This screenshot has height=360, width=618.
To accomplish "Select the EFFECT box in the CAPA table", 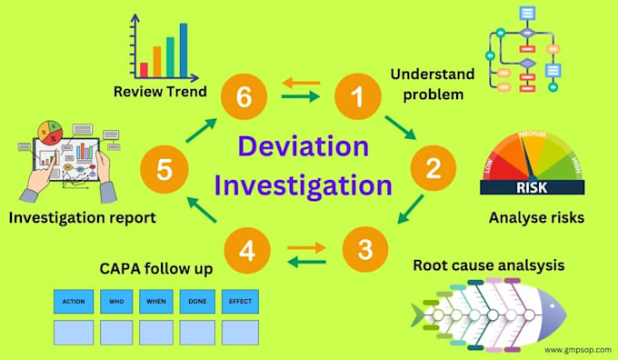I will coord(240,301).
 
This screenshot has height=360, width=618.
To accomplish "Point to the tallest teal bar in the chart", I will coord(184,51).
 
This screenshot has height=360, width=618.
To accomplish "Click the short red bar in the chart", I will coord(144,69).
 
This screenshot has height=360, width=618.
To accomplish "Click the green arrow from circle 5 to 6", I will coord(199,129).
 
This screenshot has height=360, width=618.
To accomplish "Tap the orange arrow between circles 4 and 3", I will coord(305,245).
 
